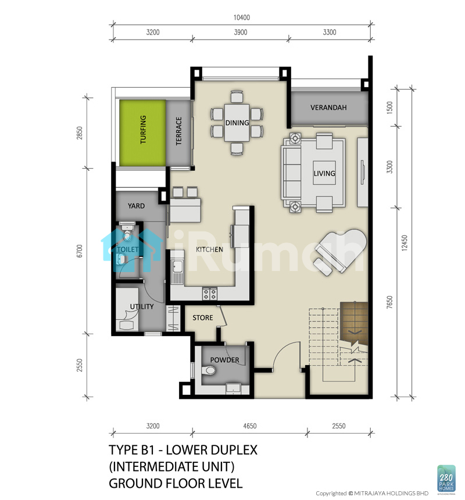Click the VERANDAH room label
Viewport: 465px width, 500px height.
point(328,108)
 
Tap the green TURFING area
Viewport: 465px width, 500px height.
point(142,133)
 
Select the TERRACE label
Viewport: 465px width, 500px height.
point(178,131)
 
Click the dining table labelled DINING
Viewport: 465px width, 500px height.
point(237,123)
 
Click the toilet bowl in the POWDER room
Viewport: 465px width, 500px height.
point(209,370)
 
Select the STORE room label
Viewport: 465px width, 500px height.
point(203,317)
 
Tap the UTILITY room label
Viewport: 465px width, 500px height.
point(141,306)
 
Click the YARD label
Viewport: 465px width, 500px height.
point(136,206)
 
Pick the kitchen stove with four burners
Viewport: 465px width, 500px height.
point(210,294)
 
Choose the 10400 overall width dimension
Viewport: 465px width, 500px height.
point(242,17)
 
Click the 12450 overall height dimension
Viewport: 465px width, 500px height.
point(404,243)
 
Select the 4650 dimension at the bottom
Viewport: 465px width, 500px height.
point(249,426)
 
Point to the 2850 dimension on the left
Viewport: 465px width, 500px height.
point(80,133)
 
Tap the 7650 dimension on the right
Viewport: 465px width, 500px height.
point(389,302)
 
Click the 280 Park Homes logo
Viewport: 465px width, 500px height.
point(446,478)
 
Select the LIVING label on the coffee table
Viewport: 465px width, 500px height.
point(324,173)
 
